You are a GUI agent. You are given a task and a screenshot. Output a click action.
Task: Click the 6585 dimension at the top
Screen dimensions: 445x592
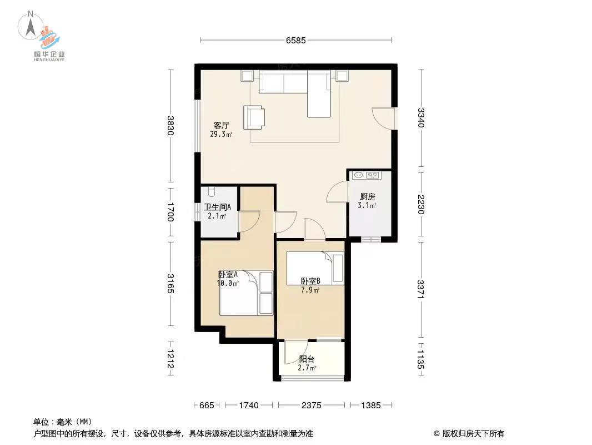click(296, 40)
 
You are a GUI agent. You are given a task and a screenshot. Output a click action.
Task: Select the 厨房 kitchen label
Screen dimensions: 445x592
click(367, 197)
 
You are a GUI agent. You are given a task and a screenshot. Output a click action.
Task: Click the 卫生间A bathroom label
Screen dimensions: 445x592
click(217, 207)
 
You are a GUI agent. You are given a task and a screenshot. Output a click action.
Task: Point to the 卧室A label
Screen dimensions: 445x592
click(228, 274)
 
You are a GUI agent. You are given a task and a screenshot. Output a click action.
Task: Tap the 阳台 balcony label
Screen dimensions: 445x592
click(307, 359)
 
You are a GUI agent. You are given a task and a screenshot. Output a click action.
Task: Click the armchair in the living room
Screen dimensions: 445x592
click(255, 116)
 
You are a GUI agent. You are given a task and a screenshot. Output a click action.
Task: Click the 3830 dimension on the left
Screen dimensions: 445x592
click(172, 126)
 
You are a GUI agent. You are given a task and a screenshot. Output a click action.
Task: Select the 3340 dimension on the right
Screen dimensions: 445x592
click(421, 118)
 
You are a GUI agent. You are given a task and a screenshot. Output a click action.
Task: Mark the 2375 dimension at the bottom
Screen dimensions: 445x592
click(312, 406)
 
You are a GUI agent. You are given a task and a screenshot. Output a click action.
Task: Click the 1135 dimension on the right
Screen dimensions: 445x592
click(421, 359)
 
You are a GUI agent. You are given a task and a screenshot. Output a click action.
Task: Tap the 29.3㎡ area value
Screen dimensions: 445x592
click(221, 134)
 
